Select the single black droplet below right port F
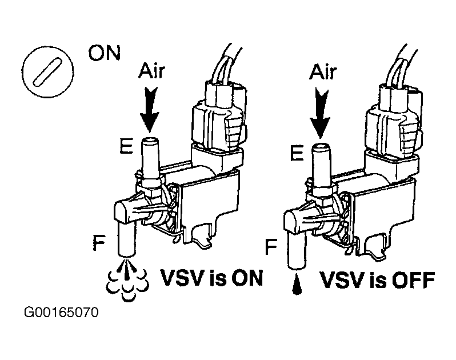click(x=297, y=285)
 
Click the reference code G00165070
click(x=62, y=313)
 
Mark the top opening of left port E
click(x=149, y=139)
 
